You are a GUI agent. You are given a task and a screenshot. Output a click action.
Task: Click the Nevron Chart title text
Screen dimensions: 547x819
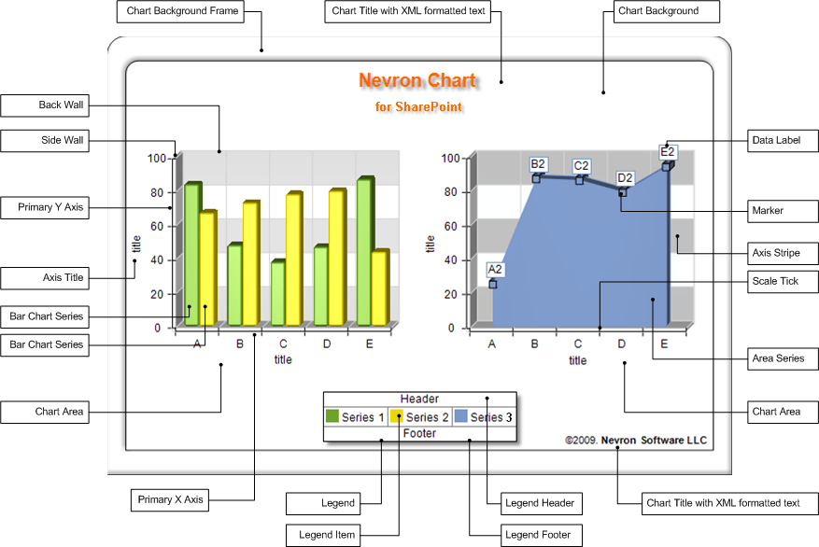click(x=417, y=81)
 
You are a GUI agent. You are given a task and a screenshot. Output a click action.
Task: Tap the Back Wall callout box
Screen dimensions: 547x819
click(x=45, y=105)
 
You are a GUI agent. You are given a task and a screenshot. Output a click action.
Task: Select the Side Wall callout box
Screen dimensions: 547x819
click(x=45, y=141)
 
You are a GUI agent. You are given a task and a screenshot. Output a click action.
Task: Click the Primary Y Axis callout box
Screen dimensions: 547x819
click(x=45, y=208)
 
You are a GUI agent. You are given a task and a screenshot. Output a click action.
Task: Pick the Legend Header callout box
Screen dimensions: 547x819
click(x=541, y=503)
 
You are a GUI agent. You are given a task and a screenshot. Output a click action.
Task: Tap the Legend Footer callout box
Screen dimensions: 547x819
click(x=541, y=535)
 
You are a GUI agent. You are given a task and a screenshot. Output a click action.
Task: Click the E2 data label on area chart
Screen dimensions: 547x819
click(x=668, y=152)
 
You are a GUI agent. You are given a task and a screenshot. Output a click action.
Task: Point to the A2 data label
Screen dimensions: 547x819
click(x=495, y=270)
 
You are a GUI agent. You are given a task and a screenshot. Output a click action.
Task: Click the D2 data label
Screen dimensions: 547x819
click(x=625, y=178)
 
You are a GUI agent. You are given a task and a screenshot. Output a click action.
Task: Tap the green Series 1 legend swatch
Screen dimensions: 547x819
click(x=332, y=417)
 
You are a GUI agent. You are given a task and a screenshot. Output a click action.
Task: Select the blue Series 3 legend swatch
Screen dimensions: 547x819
click(x=460, y=417)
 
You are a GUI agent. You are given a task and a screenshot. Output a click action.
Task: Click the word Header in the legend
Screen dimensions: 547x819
click(x=419, y=400)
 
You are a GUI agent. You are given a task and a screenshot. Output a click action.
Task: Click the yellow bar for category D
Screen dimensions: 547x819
click(x=336, y=257)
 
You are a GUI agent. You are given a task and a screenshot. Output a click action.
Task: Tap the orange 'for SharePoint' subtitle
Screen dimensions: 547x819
click(x=419, y=107)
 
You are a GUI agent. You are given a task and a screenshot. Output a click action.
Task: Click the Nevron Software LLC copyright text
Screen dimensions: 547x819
click(x=636, y=440)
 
